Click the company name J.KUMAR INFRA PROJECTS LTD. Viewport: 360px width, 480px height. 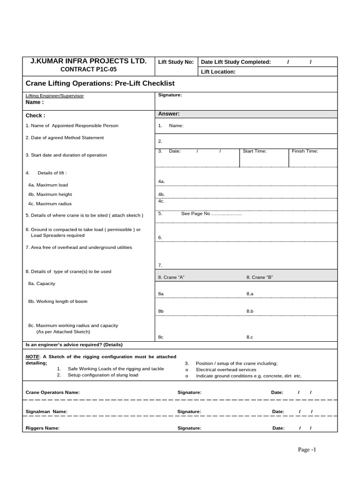tap(89, 61)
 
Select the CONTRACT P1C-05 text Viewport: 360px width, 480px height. tap(89, 69)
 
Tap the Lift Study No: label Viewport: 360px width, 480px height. tap(176, 62)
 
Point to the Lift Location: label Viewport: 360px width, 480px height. tap(218, 72)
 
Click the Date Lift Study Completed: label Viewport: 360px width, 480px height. tap(236, 62)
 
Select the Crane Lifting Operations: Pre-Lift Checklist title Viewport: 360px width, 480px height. tap(100, 83)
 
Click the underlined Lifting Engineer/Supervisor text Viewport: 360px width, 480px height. tap(54, 96)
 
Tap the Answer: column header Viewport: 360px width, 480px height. tap(169, 114)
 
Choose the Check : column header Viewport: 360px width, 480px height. tap(35, 115)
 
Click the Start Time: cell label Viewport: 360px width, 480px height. tap(255, 151)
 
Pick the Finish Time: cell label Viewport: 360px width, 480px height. tap(305, 151)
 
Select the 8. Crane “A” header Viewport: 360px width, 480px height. tap(171, 277)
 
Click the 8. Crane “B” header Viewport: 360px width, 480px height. tap(260, 277)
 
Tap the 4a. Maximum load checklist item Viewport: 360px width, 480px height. tap(48, 185)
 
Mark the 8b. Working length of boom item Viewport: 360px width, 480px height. tap(58, 301)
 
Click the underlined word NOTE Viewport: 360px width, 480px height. tap(32, 357)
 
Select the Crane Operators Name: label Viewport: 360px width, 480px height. tap(52, 392)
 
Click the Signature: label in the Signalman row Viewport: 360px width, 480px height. tap(189, 412)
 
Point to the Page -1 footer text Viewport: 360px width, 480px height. tap(307, 450)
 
